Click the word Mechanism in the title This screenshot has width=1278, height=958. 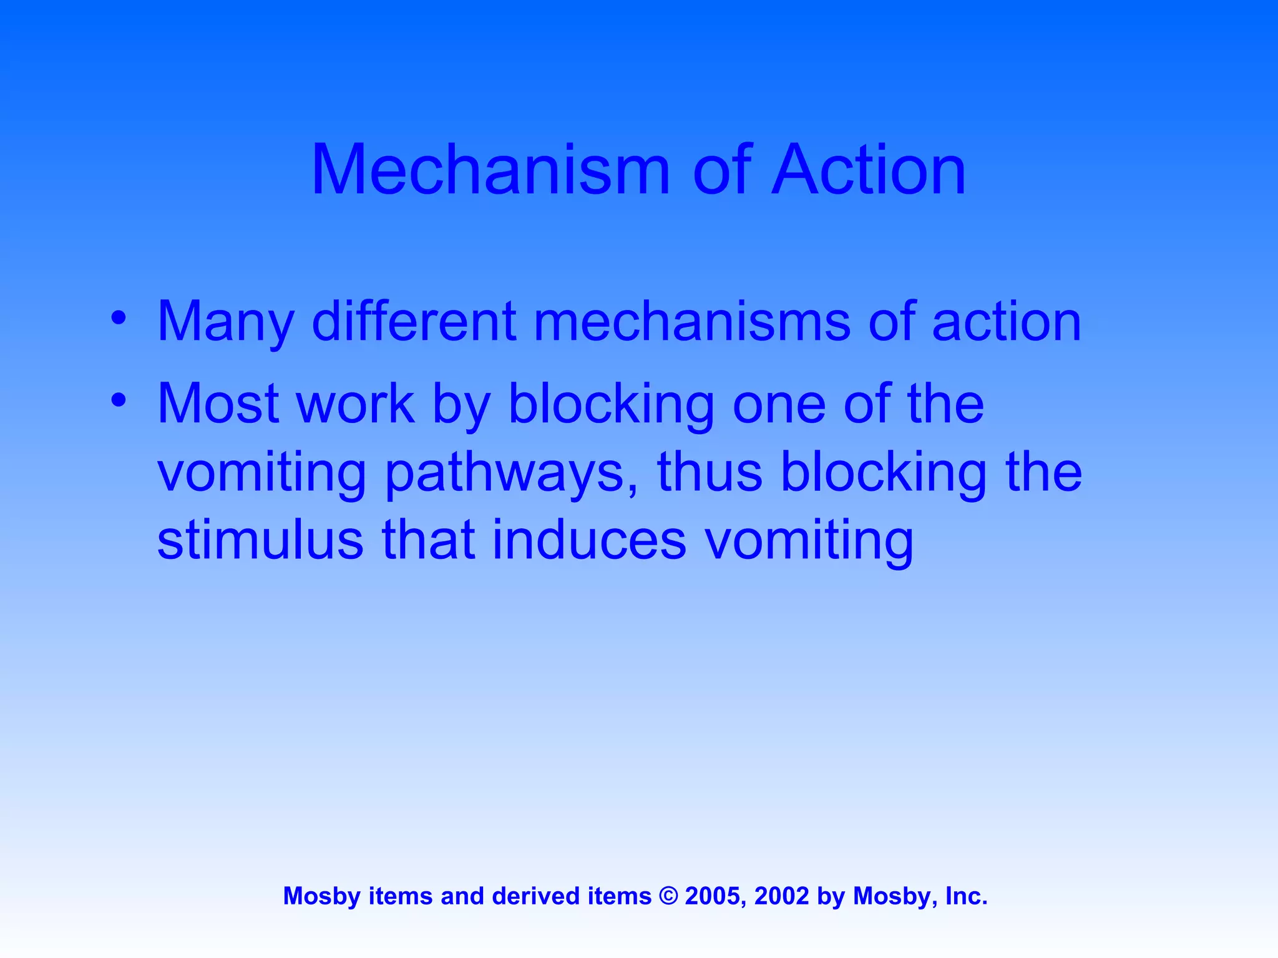coord(490,170)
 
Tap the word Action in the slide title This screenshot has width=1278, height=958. coord(869,170)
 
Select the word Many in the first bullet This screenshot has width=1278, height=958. coord(225,322)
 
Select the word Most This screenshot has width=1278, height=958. coord(218,404)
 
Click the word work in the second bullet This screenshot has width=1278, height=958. coord(356,404)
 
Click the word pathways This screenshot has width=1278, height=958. coord(512,474)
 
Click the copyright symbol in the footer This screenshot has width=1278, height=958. coord(668,896)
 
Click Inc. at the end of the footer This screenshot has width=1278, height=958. coord(966,896)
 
